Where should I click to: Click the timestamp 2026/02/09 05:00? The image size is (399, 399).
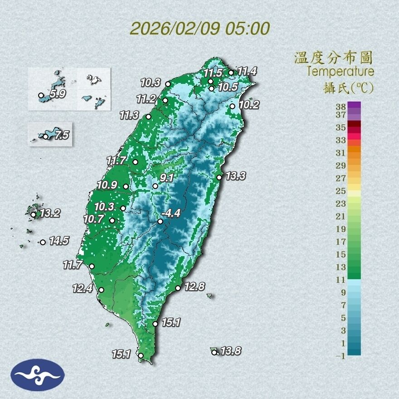point(199,28)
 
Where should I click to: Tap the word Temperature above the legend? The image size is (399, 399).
point(340,71)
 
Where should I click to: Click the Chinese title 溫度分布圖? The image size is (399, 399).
point(334,58)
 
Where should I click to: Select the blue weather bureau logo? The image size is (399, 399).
point(38,375)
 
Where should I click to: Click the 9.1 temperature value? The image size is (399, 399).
point(167,178)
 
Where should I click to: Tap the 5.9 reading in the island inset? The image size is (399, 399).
point(58,94)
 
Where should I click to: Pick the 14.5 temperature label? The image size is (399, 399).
point(58,241)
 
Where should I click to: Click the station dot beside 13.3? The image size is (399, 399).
point(219,177)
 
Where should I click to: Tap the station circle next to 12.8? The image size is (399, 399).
point(178,288)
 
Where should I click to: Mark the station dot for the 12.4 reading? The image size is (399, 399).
point(102,290)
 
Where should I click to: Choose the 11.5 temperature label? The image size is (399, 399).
point(212,73)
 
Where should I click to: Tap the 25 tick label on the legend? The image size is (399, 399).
point(341,190)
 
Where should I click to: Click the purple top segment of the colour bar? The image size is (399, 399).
point(355,105)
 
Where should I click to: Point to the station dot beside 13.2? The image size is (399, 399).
point(33,214)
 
